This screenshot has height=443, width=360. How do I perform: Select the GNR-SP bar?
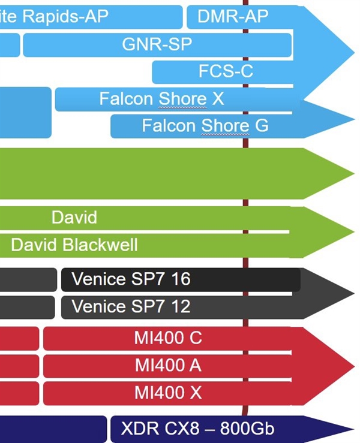(x=157, y=44)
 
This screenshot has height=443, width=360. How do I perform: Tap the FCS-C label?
(x=226, y=72)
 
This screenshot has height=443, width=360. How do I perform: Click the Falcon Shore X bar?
(x=162, y=99)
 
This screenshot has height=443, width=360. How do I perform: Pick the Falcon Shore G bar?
(x=205, y=126)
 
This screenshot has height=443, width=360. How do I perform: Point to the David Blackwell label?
(x=74, y=245)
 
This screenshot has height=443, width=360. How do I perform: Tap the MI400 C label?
(x=168, y=338)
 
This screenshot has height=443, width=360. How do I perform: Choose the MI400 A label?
(x=168, y=365)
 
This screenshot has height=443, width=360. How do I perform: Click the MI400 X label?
(x=168, y=393)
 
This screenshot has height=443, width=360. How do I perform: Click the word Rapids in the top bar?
(x=45, y=17)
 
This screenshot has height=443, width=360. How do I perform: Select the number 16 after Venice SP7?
(x=181, y=279)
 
